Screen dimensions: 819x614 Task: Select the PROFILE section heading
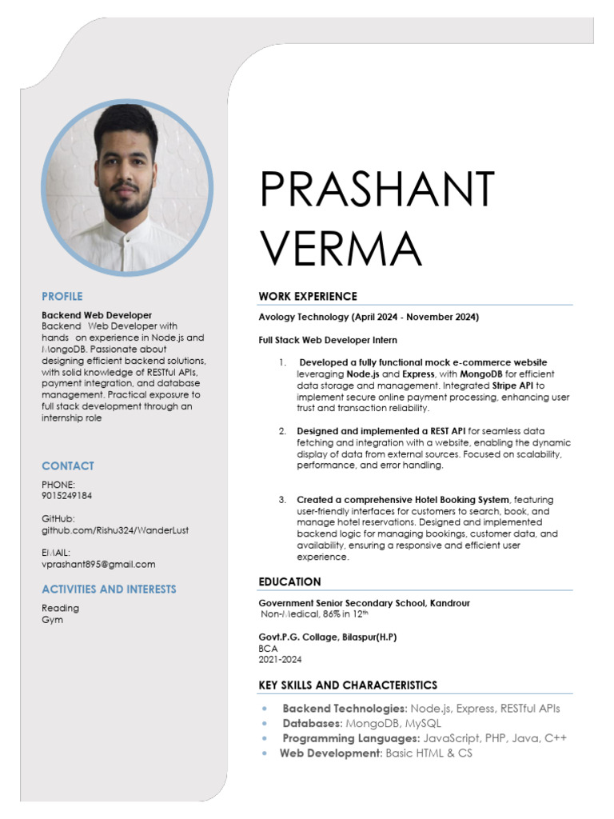62,296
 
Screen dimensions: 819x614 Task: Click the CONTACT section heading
67,465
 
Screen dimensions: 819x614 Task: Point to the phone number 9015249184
66,496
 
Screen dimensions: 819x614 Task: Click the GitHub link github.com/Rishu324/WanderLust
115,530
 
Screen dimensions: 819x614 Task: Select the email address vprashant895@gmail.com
98,564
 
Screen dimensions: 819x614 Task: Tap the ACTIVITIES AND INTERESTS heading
109,589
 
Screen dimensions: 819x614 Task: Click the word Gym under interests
52,620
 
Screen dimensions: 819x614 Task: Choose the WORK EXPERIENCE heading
308,297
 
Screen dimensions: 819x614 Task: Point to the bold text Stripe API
516,386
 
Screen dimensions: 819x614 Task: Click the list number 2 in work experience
282,431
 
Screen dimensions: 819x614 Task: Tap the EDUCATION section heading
289,581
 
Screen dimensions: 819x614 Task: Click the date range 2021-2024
280,660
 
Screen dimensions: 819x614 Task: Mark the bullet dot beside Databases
265,724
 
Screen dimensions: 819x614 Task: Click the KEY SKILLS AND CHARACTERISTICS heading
348,685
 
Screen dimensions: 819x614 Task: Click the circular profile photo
127,189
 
